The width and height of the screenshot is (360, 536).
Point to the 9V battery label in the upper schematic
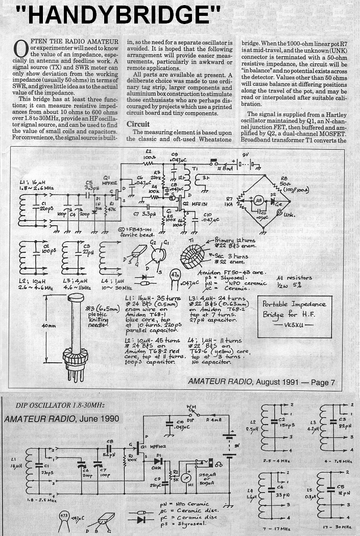246,155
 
